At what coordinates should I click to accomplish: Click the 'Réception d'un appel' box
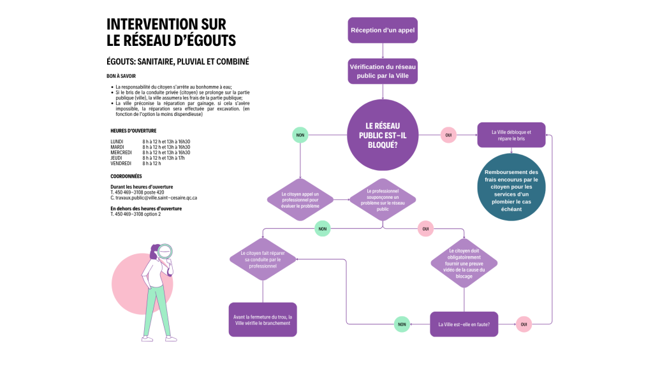click(x=383, y=31)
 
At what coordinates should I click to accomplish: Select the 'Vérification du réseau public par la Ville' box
click(x=383, y=71)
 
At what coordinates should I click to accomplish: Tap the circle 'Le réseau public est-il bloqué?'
click(x=381, y=135)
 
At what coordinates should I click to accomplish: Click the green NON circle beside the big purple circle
click(x=300, y=135)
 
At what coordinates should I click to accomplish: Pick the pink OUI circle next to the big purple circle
click(x=448, y=135)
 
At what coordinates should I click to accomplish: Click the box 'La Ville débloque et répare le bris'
click(x=511, y=135)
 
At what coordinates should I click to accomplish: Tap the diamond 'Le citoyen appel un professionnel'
click(x=300, y=199)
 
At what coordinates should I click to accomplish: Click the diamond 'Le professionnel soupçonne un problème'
click(x=383, y=199)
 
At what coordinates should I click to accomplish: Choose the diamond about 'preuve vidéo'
click(x=464, y=263)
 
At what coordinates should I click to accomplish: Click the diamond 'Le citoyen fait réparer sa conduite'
click(x=263, y=259)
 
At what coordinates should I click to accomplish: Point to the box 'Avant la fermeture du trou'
click(x=263, y=319)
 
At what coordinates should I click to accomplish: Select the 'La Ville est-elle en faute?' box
click(x=464, y=324)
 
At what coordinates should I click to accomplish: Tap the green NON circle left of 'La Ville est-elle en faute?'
click(x=402, y=324)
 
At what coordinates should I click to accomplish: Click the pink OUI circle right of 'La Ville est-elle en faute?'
click(x=524, y=324)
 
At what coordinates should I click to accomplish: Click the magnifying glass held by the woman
click(x=165, y=252)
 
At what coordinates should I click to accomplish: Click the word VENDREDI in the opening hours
click(x=121, y=164)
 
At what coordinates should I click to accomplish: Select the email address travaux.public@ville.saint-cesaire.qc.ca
click(x=156, y=198)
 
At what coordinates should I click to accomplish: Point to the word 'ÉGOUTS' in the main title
click(x=207, y=40)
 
